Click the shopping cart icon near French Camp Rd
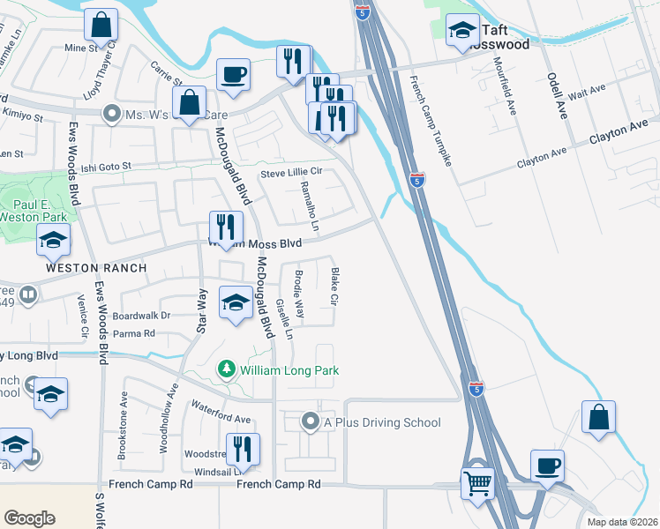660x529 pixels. [478, 482]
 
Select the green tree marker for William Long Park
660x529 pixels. [228, 368]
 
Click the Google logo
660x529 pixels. [29, 518]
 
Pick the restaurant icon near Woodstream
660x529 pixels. [243, 450]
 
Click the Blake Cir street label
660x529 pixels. [334, 287]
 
